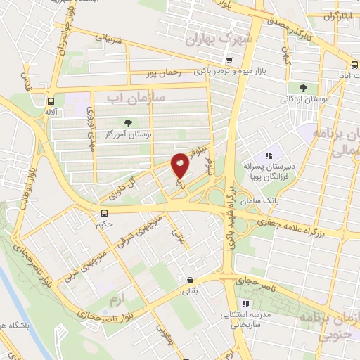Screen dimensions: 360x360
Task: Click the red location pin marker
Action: (x=180, y=165)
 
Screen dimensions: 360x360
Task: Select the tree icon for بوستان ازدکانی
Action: (x=303, y=88)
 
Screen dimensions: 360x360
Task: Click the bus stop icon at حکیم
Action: (x=104, y=213)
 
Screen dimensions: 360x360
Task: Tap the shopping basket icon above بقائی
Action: (x=189, y=279)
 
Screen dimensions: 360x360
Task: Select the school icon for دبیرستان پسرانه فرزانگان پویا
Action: (x=268, y=155)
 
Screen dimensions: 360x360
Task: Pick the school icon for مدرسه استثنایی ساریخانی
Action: (x=245, y=304)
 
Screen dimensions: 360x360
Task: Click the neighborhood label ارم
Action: (x=114, y=300)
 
